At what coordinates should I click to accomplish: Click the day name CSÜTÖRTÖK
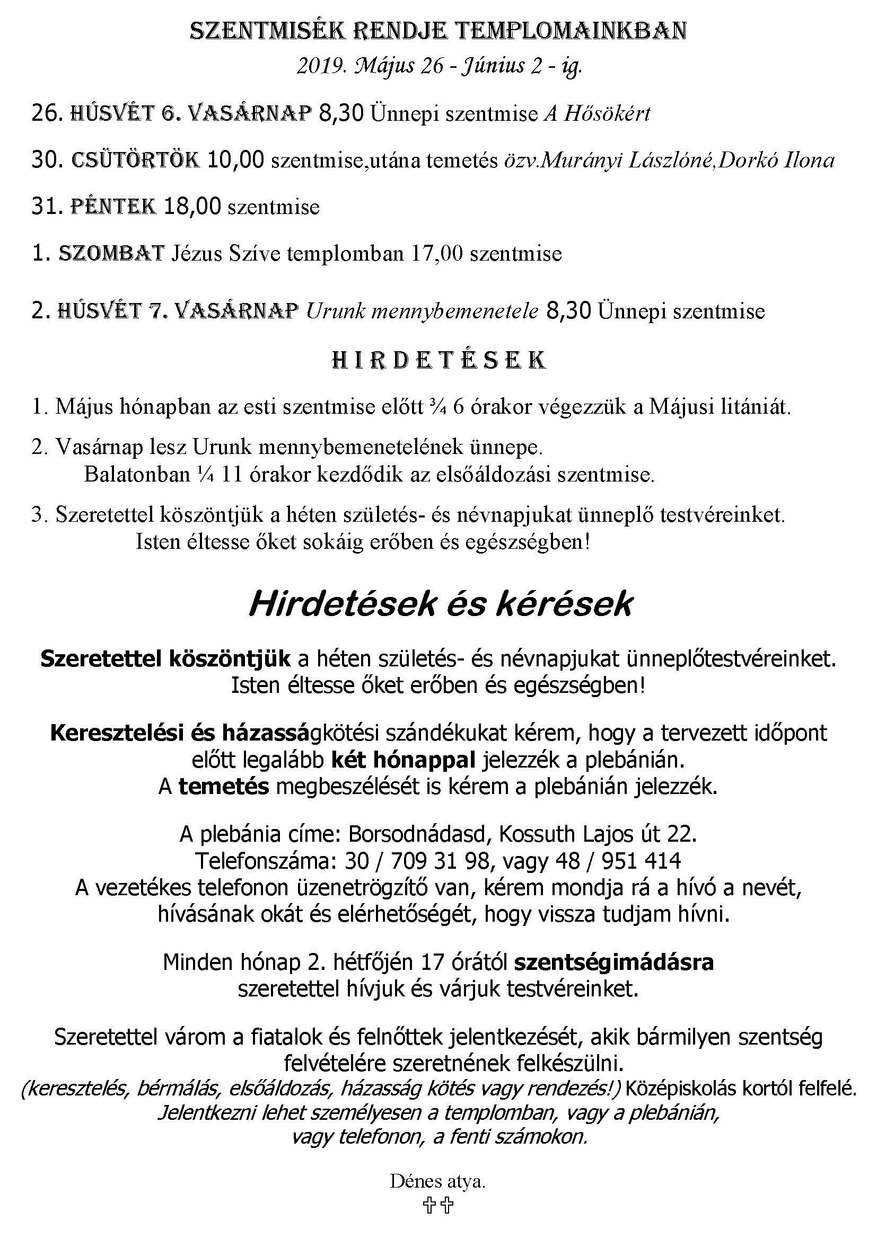[x=136, y=160]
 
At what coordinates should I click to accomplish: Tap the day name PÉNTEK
[x=113, y=207]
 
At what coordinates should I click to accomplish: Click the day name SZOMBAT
[x=111, y=254]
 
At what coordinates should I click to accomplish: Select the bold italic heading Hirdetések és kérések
[x=439, y=605]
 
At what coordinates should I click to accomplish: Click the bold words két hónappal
[x=403, y=760]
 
